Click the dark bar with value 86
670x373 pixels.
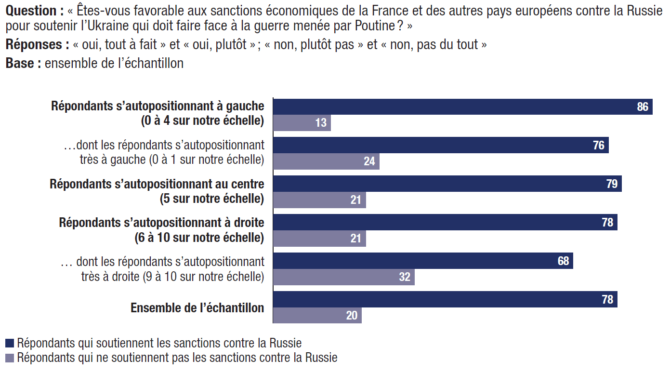click(462, 107)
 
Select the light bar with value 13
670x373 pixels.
click(302, 123)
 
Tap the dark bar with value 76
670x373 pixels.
click(441, 146)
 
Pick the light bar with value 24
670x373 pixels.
click(326, 161)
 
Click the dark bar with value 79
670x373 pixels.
click(447, 184)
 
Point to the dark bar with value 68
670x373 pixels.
click(423, 261)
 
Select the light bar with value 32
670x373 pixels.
click(343, 277)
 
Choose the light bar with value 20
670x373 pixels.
click(317, 316)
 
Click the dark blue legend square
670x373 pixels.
click(10, 343)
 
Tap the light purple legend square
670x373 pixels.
click(10, 358)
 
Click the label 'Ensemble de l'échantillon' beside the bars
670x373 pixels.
click(197, 308)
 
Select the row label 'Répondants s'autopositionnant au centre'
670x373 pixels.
click(157, 184)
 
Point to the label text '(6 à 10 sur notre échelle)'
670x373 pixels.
click(199, 238)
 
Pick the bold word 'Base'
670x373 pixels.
click(19, 64)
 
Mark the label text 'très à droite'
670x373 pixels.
click(110, 277)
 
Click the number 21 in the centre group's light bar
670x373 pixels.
click(356, 200)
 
